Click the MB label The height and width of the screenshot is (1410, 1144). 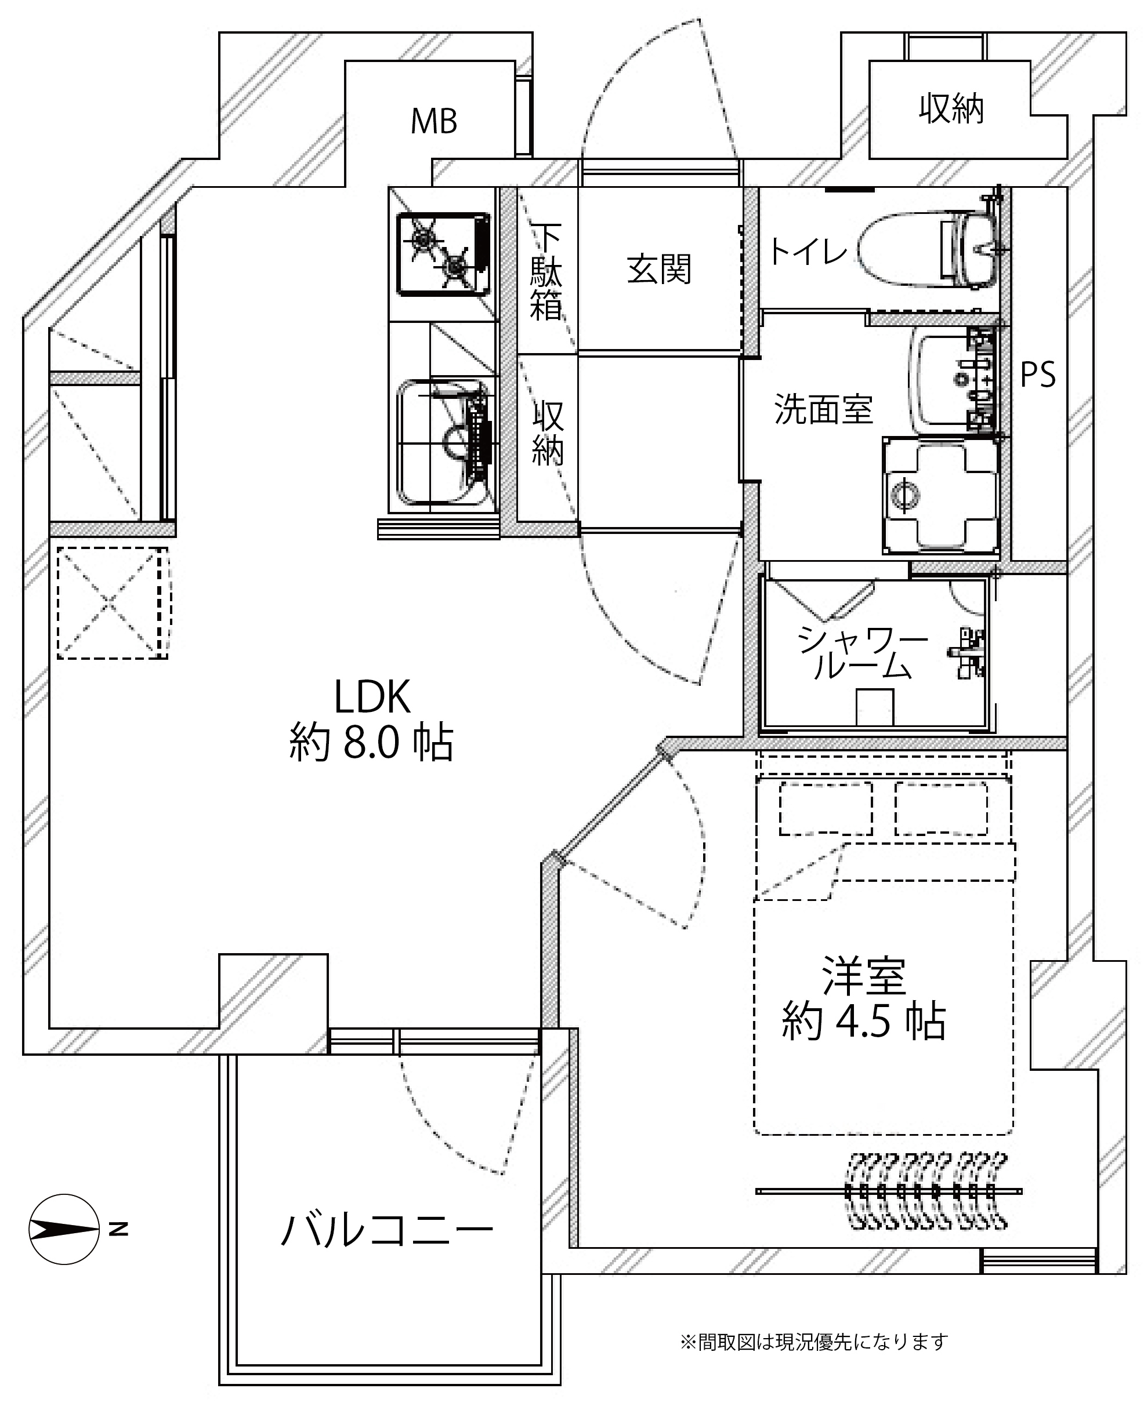pos(433,121)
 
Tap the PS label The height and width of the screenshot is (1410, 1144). pos(1038,375)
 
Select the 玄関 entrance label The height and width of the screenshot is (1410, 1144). pos(659,270)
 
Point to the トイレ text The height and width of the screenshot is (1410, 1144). pos(808,252)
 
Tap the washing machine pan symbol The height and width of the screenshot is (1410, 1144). pos(940,495)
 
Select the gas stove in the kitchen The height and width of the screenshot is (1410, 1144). pos(443,253)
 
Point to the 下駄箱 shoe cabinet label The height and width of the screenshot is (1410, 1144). pos(546,272)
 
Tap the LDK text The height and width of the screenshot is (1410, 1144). pos(372,697)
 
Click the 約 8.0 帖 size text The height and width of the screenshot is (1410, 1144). pos(371,743)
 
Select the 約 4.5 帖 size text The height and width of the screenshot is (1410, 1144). pos(863,1022)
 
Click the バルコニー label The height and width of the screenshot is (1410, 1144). pos(387,1230)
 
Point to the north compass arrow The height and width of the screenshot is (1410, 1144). pos(64,1229)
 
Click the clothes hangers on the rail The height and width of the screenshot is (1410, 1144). pos(926,1191)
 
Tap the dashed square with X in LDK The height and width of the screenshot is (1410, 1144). pos(111,602)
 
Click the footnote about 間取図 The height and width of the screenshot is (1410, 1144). pos(814,1342)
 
